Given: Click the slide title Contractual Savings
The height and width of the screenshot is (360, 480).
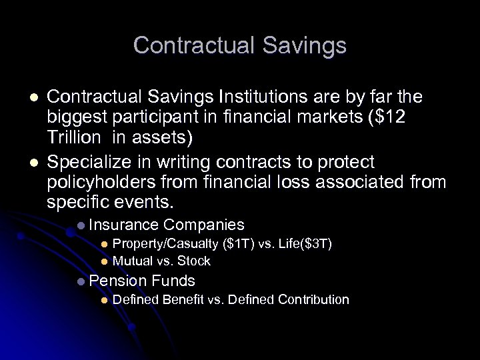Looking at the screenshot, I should coord(240,45).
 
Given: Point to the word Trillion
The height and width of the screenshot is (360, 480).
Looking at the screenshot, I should coord(71,138).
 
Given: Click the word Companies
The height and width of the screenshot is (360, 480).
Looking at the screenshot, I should coord(204,225).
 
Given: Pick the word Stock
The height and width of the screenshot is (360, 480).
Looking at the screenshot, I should coord(194,261).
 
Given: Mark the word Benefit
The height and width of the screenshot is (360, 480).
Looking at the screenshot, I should coord(183,300).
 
